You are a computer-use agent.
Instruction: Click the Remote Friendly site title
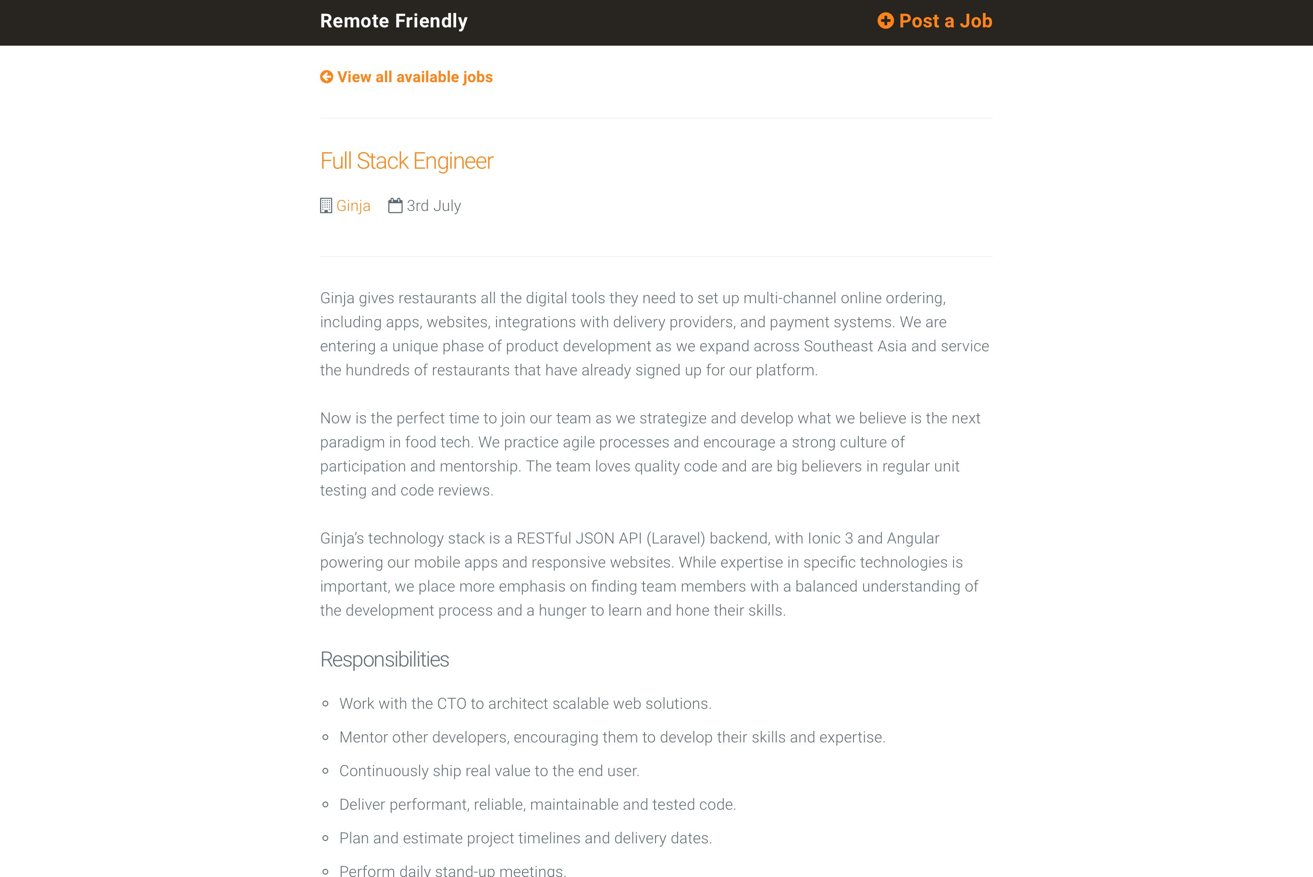393,21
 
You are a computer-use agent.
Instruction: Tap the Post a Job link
945,21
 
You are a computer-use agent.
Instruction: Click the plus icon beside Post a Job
885,21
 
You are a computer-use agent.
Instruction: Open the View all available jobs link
414,77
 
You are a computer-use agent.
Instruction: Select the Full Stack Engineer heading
407,161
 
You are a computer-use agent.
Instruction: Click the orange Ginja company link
353,206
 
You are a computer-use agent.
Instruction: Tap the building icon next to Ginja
326,206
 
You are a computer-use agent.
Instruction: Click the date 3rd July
434,206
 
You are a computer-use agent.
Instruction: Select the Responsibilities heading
384,659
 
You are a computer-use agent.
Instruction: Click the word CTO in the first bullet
451,704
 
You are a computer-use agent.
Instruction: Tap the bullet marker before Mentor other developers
325,738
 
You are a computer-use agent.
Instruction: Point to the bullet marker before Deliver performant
325,805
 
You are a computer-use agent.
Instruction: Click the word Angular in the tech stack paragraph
913,538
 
